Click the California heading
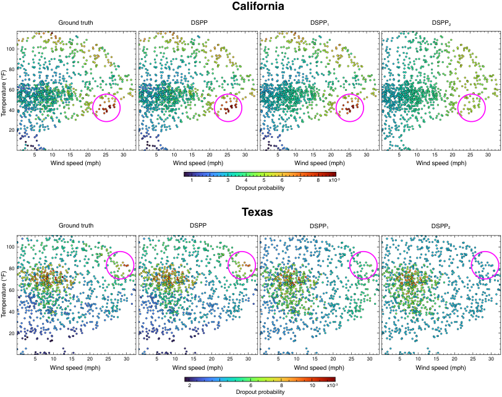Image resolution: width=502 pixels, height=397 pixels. pyautogui.click(x=258, y=6)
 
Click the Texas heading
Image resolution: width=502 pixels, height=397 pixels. pyautogui.click(x=257, y=212)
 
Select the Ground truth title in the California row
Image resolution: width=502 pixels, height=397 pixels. pyautogui.click(x=75, y=23)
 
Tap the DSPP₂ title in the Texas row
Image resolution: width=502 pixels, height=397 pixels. pyautogui.click(x=441, y=226)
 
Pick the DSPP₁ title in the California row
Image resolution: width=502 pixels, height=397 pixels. pyautogui.click(x=319, y=23)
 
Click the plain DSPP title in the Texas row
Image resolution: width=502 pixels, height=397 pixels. pyautogui.click(x=198, y=225)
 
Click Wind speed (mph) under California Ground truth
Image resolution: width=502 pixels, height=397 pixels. pyautogui.click(x=75, y=163)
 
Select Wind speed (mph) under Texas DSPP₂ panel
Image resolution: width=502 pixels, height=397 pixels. pyautogui.click(x=441, y=368)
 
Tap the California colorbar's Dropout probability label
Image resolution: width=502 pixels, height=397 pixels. pyautogui.click(x=260, y=188)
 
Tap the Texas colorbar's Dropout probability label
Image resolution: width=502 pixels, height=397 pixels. pyautogui.click(x=260, y=392)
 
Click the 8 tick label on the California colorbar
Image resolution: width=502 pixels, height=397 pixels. pyautogui.click(x=318, y=180)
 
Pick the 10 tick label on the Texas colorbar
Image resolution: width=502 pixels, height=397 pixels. pyautogui.click(x=312, y=385)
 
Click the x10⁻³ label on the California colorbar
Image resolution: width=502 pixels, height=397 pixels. pyautogui.click(x=334, y=180)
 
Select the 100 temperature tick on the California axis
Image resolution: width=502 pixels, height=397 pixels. pyautogui.click(x=11, y=49)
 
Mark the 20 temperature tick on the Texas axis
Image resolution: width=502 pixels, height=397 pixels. pyautogui.click(x=12, y=333)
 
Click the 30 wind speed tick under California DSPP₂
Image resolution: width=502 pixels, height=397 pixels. pyautogui.click(x=488, y=155)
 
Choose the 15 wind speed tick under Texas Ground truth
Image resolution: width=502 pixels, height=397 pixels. pyautogui.click(x=72, y=359)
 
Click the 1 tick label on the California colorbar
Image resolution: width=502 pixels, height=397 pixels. pyautogui.click(x=192, y=180)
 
